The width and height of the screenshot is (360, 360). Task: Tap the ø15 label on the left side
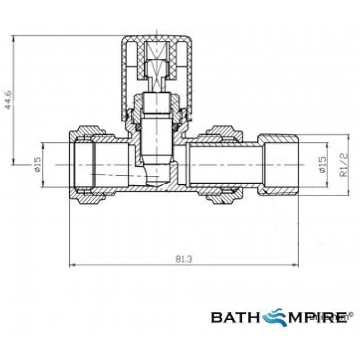[38, 165]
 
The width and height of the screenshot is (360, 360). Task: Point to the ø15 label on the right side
[322, 165]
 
